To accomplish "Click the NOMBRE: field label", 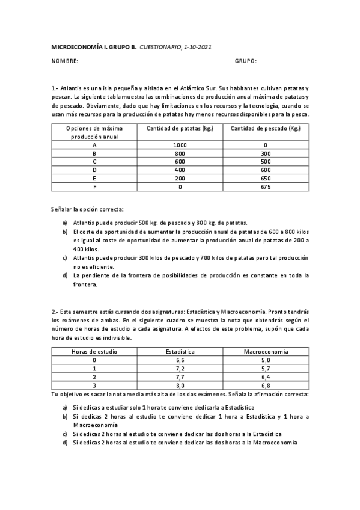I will point(64,61).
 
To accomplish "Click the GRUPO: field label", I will point(245,61).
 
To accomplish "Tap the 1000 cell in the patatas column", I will point(180,146).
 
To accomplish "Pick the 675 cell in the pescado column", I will point(266,187).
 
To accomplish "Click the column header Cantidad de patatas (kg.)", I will point(180,129).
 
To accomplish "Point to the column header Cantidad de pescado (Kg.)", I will point(266,129).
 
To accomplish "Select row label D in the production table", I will point(94,170).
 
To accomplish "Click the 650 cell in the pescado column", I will point(266,179).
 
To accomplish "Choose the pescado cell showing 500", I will point(266,162).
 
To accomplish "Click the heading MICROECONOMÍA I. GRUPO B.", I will point(94,46).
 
